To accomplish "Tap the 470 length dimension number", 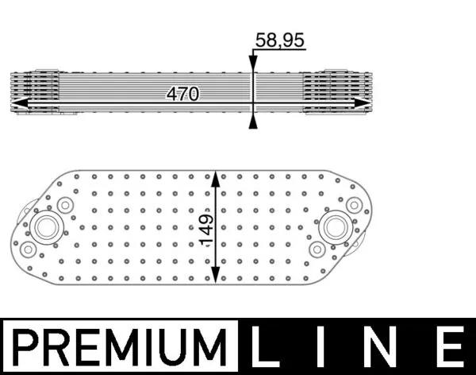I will tap(182, 94).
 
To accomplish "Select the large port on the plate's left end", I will tap(44, 226).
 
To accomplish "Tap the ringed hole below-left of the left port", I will tap(29, 249).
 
